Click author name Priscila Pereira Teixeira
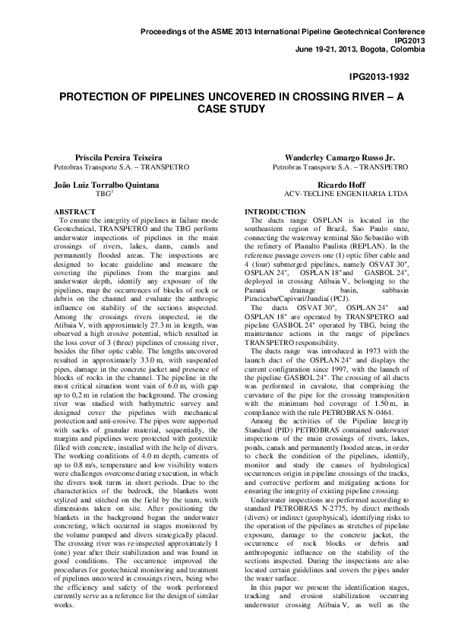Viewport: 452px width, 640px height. coord(103,157)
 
